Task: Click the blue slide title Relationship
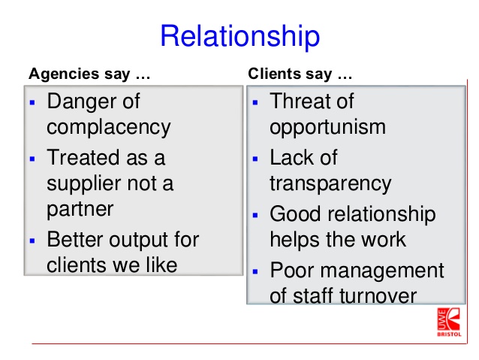click(240, 36)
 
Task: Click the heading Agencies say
click(79, 74)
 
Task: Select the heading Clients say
click(290, 74)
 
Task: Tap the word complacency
click(108, 127)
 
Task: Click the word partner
click(80, 210)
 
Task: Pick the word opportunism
click(327, 127)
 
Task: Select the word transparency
click(330, 183)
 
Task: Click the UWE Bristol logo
click(449, 322)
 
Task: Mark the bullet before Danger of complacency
click(32, 102)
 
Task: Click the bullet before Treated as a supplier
click(32, 159)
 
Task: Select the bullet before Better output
click(32, 241)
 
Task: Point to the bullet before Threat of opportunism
click(255, 102)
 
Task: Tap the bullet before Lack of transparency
click(255, 159)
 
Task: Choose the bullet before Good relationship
click(255, 216)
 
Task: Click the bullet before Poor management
click(255, 271)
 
